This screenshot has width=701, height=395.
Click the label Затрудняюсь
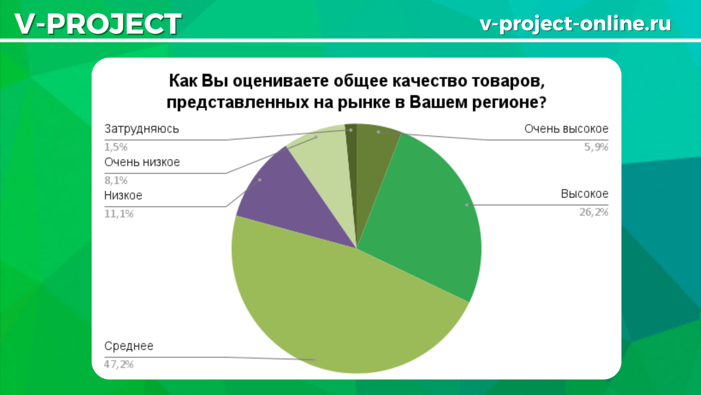pyautogui.click(x=141, y=129)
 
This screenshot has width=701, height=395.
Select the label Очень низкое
pyautogui.click(x=142, y=162)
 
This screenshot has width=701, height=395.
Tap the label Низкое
pyautogui.click(x=123, y=195)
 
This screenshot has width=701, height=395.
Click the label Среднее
pyautogui.click(x=129, y=346)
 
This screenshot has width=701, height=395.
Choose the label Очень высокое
pyautogui.click(x=566, y=129)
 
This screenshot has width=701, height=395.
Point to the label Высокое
pyautogui.click(x=584, y=194)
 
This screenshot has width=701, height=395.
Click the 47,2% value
pyautogui.click(x=119, y=364)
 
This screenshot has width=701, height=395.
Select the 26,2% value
pyautogui.click(x=594, y=212)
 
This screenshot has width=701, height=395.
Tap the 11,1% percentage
pyautogui.click(x=119, y=214)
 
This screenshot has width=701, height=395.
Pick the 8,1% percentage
pyautogui.click(x=116, y=181)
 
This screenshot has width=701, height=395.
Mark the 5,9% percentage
pyautogui.click(x=596, y=147)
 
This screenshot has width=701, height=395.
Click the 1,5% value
pyautogui.click(x=116, y=147)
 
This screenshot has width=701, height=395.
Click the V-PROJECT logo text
pyautogui.click(x=98, y=24)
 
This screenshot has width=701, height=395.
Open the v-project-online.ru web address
pyautogui.click(x=575, y=23)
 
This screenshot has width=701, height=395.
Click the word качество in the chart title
pyautogui.click(x=429, y=81)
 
